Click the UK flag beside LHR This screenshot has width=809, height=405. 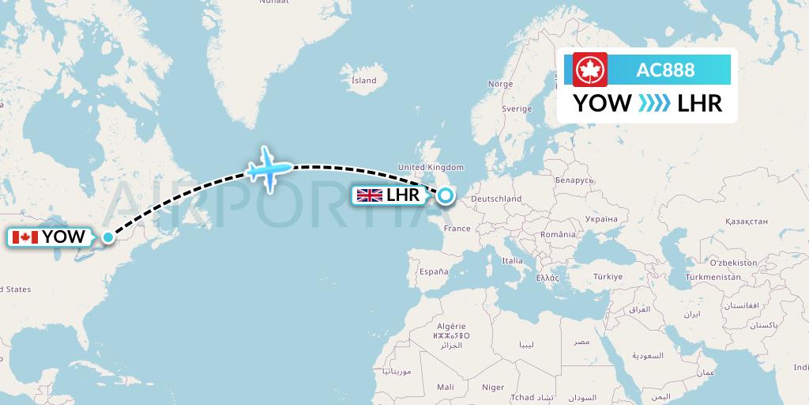(x=369, y=195)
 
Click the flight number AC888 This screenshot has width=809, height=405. (x=665, y=70)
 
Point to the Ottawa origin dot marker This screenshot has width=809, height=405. (x=108, y=236)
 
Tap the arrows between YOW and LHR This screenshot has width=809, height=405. (x=654, y=104)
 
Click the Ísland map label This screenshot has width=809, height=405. (x=363, y=80)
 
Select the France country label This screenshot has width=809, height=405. (x=457, y=229)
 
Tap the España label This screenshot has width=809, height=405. (x=434, y=271)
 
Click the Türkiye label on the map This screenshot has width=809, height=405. (x=608, y=276)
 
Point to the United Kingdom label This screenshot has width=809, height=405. (x=431, y=167)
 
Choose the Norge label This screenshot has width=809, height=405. (x=500, y=84)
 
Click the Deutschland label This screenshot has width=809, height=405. (x=496, y=199)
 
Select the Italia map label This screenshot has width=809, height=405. (x=513, y=260)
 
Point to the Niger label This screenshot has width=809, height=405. (x=493, y=387)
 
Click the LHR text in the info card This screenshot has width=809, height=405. (x=699, y=104)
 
